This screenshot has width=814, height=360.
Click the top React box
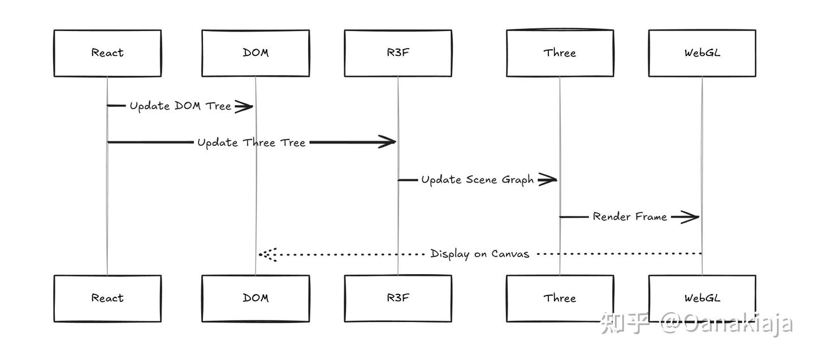tap(107, 53)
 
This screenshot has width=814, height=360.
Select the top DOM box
tap(256, 53)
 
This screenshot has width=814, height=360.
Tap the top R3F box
tap(398, 53)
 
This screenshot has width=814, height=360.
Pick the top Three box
tap(560, 53)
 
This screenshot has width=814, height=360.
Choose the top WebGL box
tap(702, 53)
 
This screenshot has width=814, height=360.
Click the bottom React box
tap(107, 298)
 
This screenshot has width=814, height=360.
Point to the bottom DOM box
tap(256, 298)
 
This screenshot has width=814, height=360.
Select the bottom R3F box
tap(398, 298)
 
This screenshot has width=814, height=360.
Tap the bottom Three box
tap(560, 298)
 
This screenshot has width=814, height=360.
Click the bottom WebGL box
tap(702, 298)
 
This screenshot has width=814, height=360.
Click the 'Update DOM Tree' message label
tap(180, 106)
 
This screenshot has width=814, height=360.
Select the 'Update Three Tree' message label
tap(251, 142)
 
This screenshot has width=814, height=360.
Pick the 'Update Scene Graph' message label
tap(477, 180)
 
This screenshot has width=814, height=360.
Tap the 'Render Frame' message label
tap(630, 216)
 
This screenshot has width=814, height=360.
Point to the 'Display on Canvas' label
tap(479, 254)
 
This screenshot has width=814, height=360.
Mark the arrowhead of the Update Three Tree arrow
tap(387, 142)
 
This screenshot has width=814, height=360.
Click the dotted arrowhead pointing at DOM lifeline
tap(267, 254)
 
